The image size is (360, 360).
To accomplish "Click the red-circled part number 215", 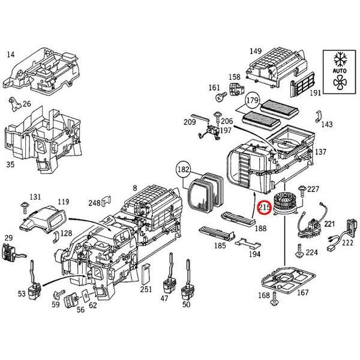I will [263, 208].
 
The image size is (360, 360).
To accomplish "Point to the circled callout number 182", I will [182, 170].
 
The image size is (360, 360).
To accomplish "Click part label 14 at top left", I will [10, 55].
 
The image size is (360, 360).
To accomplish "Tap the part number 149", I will [256, 50].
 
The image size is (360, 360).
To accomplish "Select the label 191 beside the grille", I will [315, 93].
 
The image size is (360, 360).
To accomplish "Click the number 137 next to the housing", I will [321, 152].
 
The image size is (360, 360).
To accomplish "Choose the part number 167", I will [303, 293].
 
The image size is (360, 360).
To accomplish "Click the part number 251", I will [146, 289].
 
